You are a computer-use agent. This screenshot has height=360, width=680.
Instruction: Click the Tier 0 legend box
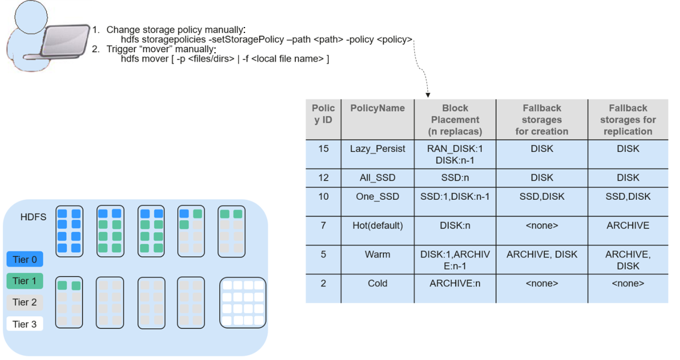point(25,259)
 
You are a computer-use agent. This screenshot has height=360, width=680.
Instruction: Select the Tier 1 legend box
point(25,281)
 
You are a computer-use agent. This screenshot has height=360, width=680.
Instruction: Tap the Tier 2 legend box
point(25,302)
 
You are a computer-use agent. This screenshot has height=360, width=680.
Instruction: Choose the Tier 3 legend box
point(25,324)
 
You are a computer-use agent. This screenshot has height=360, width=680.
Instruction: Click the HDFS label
point(34,217)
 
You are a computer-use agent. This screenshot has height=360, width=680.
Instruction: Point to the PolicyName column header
point(378,108)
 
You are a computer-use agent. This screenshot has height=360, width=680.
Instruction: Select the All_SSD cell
point(378,178)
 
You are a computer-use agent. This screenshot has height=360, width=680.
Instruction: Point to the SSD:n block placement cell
point(455,178)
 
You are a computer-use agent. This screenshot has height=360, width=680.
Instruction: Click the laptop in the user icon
point(64,41)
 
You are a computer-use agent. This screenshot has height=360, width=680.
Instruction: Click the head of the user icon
point(31,16)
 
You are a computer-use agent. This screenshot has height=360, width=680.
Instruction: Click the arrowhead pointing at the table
point(428,95)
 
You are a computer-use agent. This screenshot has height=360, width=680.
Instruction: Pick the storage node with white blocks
point(243,303)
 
